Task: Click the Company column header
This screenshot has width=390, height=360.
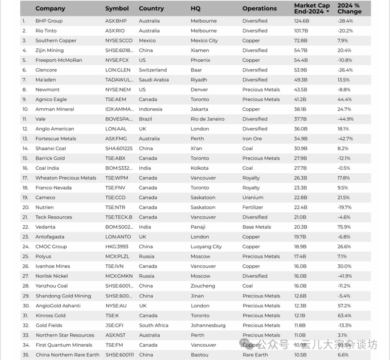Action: tap(50, 8)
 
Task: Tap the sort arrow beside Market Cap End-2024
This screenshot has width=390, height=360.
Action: tap(328, 12)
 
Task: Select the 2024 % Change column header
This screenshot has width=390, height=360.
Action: tap(349, 8)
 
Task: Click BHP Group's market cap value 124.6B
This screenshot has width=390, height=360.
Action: tap(302, 21)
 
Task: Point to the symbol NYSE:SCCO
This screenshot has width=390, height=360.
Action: tap(119, 40)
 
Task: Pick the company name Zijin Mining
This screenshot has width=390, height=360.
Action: tap(49, 50)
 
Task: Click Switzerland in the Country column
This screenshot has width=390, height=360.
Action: tap(153, 70)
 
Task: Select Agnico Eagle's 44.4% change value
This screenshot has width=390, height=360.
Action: tap(344, 99)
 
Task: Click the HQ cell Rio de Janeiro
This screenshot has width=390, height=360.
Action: tap(207, 119)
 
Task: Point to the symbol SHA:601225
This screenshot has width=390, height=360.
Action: tap(119, 148)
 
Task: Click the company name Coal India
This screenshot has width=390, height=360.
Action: tap(47, 168)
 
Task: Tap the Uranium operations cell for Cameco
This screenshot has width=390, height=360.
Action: tap(253, 198)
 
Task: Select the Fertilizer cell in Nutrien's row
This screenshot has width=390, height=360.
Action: tap(253, 207)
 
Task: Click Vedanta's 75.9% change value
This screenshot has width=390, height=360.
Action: tap(344, 227)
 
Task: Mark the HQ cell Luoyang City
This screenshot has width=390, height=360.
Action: tap(206, 247)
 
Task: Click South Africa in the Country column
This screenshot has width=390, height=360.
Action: tap(153, 325)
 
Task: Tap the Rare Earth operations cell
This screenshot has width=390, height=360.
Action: tap(255, 355)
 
